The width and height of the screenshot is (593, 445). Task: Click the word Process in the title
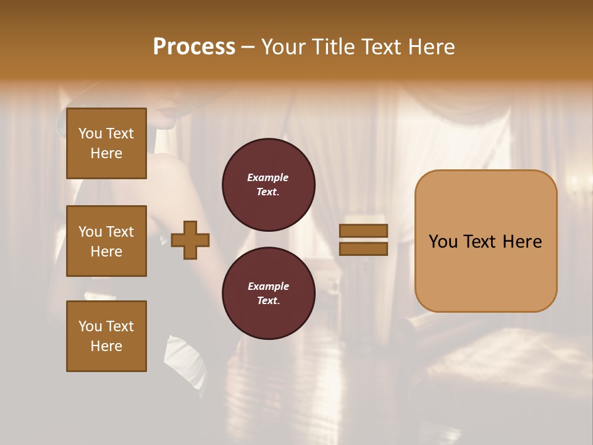(194, 47)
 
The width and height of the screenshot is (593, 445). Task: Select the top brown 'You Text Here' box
(106, 143)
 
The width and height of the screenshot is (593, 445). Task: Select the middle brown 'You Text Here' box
(106, 241)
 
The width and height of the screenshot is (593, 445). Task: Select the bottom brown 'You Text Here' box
(106, 336)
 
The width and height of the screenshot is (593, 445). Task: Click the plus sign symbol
(190, 240)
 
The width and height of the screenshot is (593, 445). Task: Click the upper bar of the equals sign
(363, 231)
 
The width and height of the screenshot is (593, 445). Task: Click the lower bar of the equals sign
(363, 248)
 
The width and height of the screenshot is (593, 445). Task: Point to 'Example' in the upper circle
(268, 177)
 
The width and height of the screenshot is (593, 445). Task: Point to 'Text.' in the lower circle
(268, 300)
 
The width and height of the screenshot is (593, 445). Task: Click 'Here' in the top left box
(106, 153)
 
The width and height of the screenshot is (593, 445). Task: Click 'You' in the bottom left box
(90, 326)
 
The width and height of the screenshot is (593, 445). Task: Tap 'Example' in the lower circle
(268, 286)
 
